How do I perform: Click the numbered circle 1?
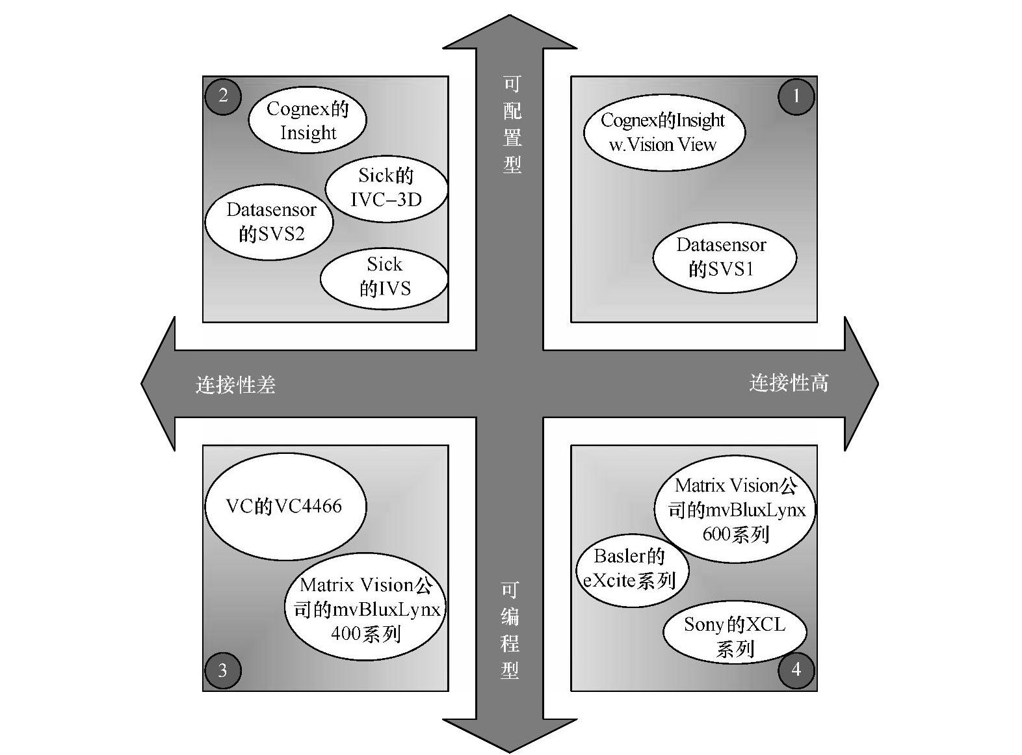[796, 96]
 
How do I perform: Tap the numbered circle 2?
[223, 96]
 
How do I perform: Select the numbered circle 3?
[222, 670]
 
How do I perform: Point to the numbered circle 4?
[796, 669]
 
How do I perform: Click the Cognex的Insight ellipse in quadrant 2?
[308, 120]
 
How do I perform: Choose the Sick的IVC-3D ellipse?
[386, 188]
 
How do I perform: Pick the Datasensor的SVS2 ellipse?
[269, 222]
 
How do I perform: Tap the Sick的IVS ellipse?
[384, 277]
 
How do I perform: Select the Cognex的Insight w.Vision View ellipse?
[664, 132]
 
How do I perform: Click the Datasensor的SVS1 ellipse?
[724, 258]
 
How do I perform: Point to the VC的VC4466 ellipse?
[285, 506]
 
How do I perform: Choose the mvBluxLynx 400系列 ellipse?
[365, 610]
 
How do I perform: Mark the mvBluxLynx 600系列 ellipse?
[735, 510]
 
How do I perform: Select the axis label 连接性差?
[235, 385]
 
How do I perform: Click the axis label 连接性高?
[789, 383]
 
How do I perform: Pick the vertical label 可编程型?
[510, 629]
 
